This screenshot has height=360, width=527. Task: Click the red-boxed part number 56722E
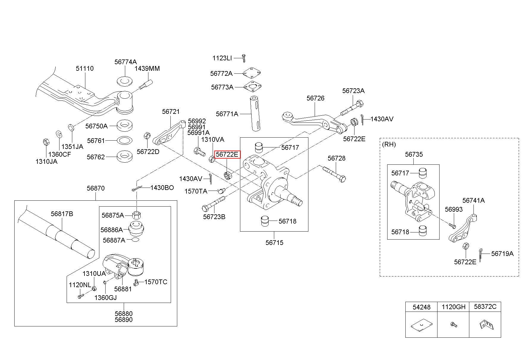(227, 154)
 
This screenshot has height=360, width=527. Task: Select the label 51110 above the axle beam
(84, 68)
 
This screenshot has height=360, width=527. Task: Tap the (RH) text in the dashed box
(389, 144)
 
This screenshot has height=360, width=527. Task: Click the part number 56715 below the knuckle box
(275, 243)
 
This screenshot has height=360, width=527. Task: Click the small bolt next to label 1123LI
(244, 58)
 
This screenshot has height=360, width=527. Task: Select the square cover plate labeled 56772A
(252, 73)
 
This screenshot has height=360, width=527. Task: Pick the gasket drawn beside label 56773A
(252, 87)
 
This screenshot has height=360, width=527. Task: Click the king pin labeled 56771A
(255, 113)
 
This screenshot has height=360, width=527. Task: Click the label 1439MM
(147, 68)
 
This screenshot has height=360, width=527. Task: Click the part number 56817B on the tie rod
(62, 214)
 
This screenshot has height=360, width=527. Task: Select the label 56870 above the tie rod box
(96, 188)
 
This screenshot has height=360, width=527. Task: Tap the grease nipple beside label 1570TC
(137, 282)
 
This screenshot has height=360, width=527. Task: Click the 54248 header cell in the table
(421, 307)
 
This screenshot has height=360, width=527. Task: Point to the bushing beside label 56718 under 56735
(423, 231)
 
